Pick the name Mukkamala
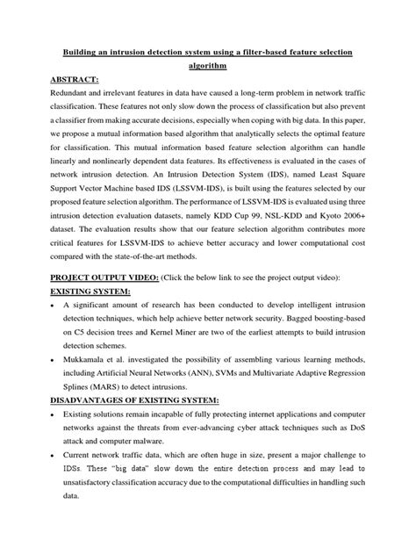click(x=88, y=370)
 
